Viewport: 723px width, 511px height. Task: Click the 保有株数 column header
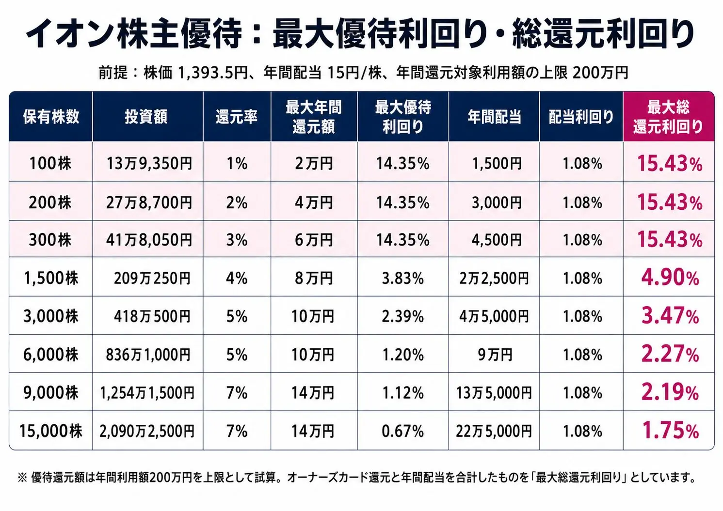51,117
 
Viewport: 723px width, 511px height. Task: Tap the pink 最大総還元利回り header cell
669,117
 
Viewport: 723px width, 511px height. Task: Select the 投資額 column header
146,117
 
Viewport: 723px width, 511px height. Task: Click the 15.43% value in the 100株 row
670,164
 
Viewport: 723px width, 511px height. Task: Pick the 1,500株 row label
51,278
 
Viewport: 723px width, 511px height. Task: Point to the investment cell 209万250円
152,278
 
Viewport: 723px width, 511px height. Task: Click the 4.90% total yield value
670,277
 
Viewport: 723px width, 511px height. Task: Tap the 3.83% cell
403,278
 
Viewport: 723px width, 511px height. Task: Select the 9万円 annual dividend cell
495,355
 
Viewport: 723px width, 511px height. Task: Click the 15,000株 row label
51,431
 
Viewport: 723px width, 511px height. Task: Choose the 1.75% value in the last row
671,430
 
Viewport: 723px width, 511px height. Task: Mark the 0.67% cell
403,431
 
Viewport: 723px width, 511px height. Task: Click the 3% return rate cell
237,240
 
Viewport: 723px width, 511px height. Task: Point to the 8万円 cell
313,278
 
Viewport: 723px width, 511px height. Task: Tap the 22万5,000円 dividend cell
494,431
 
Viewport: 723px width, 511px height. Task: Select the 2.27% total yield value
670,354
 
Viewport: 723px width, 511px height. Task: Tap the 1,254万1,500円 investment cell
147,393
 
